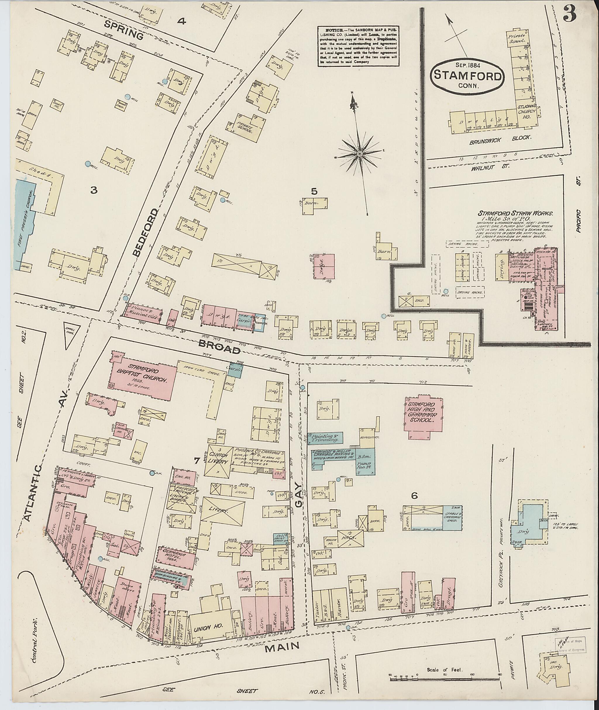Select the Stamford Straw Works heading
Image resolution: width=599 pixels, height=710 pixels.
515,213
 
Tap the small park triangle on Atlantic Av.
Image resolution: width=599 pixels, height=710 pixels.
72,330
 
